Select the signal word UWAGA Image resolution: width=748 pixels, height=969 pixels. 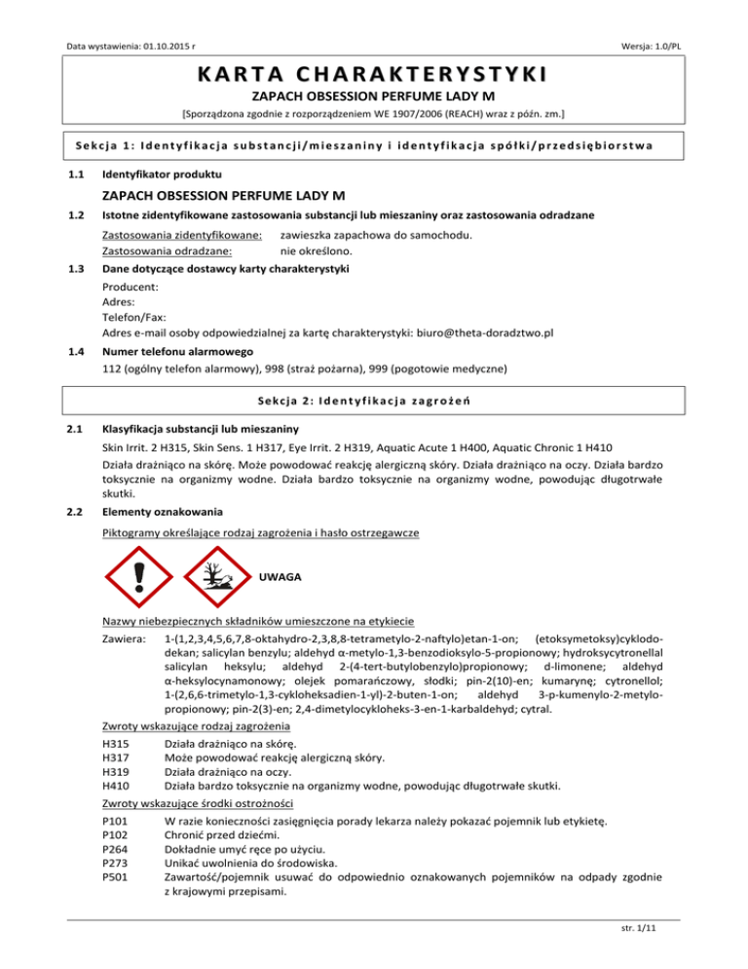pyautogui.click(x=280, y=577)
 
